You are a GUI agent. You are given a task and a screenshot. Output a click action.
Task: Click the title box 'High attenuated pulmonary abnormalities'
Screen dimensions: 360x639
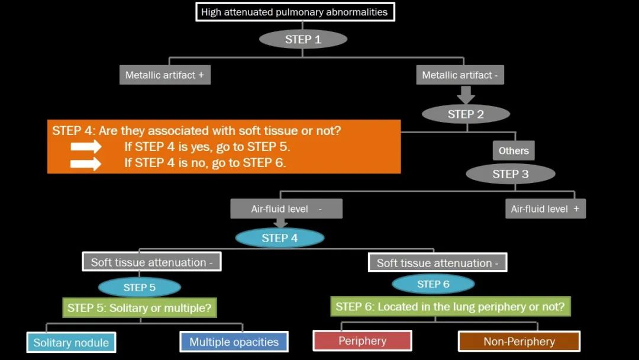pos(295,12)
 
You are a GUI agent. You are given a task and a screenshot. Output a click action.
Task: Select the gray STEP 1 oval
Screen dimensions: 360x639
pos(303,39)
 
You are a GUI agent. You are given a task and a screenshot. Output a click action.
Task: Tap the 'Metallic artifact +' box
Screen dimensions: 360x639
pos(165,75)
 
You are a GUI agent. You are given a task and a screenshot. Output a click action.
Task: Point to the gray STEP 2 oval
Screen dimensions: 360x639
pos(466,114)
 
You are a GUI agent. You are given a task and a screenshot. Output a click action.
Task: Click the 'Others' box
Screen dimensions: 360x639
pos(514,150)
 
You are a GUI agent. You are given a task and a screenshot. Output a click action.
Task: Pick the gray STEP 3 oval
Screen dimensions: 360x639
pos(510,174)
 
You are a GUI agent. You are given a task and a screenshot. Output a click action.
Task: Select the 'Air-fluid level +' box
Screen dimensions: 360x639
pos(545,209)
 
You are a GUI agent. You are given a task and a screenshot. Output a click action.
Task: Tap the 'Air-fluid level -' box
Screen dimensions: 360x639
pos(286,209)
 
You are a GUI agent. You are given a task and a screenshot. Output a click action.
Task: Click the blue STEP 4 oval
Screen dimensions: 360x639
pos(280,238)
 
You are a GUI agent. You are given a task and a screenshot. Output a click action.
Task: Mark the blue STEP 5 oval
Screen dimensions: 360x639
pos(140,288)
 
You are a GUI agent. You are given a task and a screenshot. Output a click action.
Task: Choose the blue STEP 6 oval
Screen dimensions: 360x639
pos(433,284)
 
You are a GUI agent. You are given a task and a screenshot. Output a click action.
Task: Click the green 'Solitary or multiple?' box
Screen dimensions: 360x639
pos(140,308)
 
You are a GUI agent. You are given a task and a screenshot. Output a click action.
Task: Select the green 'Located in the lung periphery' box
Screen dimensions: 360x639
pos(450,307)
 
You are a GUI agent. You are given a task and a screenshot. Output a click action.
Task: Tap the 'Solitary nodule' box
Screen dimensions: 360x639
pos(71,342)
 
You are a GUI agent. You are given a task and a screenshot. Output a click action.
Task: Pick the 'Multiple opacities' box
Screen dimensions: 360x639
pos(234,342)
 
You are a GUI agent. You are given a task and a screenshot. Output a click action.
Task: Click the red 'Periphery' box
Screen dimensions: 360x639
pos(362,341)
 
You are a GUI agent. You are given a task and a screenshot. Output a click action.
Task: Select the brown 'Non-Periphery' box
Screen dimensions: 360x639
pos(519,341)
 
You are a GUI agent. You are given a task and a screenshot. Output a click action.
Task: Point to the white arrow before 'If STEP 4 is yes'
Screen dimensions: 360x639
pos(86,147)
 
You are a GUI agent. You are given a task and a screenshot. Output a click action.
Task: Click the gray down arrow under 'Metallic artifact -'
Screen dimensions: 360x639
pos(466,95)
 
